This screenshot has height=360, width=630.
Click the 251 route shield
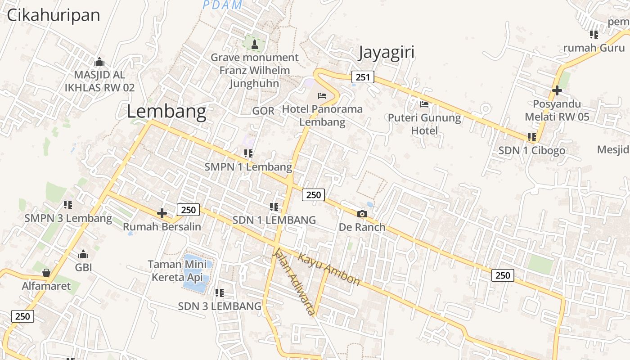[363, 77]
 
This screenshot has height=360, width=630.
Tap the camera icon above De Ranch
[362, 214]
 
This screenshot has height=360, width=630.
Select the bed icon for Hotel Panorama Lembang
[322, 95]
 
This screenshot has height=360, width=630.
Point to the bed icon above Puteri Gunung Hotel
[424, 104]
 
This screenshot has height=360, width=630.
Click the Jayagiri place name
[386, 53]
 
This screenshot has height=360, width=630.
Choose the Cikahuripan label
[53, 15]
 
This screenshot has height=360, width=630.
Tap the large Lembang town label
[166, 111]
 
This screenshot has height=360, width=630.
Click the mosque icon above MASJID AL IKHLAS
[99, 62]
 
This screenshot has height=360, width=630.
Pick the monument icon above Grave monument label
[255, 44]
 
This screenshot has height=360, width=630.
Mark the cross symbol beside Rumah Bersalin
[162, 213]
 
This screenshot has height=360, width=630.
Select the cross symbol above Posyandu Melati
[557, 90]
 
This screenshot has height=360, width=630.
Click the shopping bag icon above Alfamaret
[46, 273]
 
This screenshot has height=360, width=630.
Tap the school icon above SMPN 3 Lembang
[68, 205]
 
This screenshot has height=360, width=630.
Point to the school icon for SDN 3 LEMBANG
[220, 293]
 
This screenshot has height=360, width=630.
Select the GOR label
[263, 111]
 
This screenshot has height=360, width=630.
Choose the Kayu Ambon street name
[329, 270]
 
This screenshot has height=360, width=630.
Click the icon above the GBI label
[83, 254]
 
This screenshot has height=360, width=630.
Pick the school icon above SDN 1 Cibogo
[531, 137]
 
